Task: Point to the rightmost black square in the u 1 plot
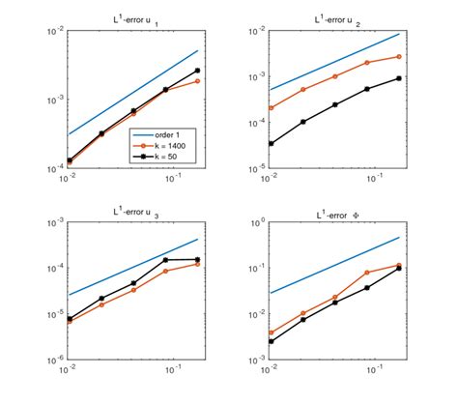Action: (x=197, y=71)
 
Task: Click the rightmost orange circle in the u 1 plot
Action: (x=197, y=81)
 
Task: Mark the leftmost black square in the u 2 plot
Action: (x=270, y=143)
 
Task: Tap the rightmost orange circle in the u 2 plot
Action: (x=398, y=56)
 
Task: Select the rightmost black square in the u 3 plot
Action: (x=197, y=259)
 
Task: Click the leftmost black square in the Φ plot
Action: (x=270, y=341)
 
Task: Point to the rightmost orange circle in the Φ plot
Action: (x=398, y=265)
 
